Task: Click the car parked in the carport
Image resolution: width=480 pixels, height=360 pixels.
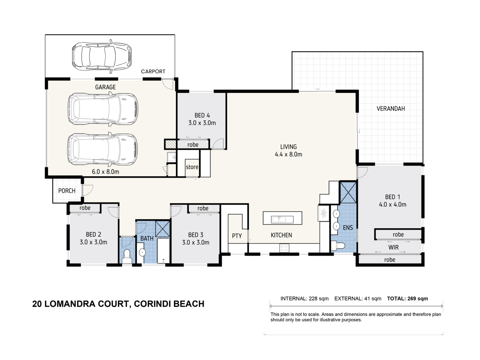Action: pyautogui.click(x=102, y=56)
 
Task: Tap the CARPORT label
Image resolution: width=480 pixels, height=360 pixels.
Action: pyautogui.click(x=153, y=72)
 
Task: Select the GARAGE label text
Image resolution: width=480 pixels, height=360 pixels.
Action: pyautogui.click(x=105, y=87)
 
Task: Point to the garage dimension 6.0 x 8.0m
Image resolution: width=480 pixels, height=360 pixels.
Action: pyautogui.click(x=106, y=172)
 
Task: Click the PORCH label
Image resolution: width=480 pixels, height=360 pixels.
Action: pyautogui.click(x=67, y=191)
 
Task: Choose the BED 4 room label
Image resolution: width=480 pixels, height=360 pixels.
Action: pyautogui.click(x=202, y=116)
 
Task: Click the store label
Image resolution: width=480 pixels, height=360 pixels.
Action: pyautogui.click(x=192, y=167)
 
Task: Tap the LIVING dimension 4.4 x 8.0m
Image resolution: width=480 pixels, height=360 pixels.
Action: pyautogui.click(x=288, y=154)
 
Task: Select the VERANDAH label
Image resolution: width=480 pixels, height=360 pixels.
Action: pyautogui.click(x=390, y=109)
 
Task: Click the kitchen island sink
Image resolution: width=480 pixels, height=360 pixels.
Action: pyautogui.click(x=282, y=219)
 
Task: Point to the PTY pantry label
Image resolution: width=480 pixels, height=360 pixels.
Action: pyautogui.click(x=237, y=236)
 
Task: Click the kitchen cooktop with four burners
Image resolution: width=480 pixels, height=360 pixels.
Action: pyautogui.click(x=284, y=248)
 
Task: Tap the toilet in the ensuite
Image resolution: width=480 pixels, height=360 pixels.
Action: pyautogui.click(x=338, y=246)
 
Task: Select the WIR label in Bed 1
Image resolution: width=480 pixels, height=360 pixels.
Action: pyautogui.click(x=394, y=248)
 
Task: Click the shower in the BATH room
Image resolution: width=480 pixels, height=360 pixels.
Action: pyautogui.click(x=162, y=229)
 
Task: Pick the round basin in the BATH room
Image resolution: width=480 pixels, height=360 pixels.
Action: pyautogui.click(x=142, y=252)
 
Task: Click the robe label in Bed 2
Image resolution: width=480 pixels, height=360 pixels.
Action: pyautogui.click(x=85, y=208)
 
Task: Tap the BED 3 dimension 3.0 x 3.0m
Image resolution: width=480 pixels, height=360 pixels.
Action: pyautogui.click(x=196, y=242)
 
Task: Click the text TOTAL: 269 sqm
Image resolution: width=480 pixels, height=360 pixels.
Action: pyautogui.click(x=407, y=298)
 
